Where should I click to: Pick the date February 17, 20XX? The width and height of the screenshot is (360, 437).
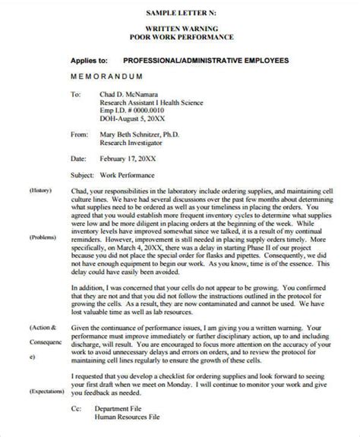click(131, 160)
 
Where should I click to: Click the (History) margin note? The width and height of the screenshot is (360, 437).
click(39, 190)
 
